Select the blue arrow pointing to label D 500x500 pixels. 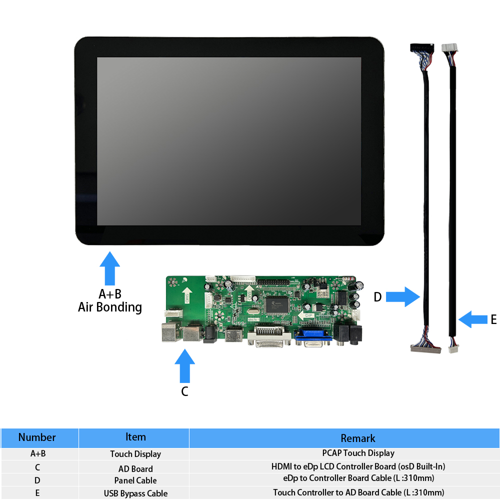coord(403,297)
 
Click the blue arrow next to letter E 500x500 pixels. coord(473,319)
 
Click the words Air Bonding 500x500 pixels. coord(110,307)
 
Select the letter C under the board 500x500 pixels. coord(184,391)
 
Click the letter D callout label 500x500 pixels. coord(377,297)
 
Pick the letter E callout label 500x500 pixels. coord(493,319)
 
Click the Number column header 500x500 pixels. coord(37,437)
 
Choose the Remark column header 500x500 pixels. coord(358,438)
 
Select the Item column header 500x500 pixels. coord(135,437)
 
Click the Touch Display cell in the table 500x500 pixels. coord(135,454)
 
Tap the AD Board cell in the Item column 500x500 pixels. coord(135,468)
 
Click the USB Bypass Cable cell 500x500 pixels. coord(135,493)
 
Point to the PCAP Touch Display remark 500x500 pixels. coord(358,453)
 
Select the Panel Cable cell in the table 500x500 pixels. coord(135,480)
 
